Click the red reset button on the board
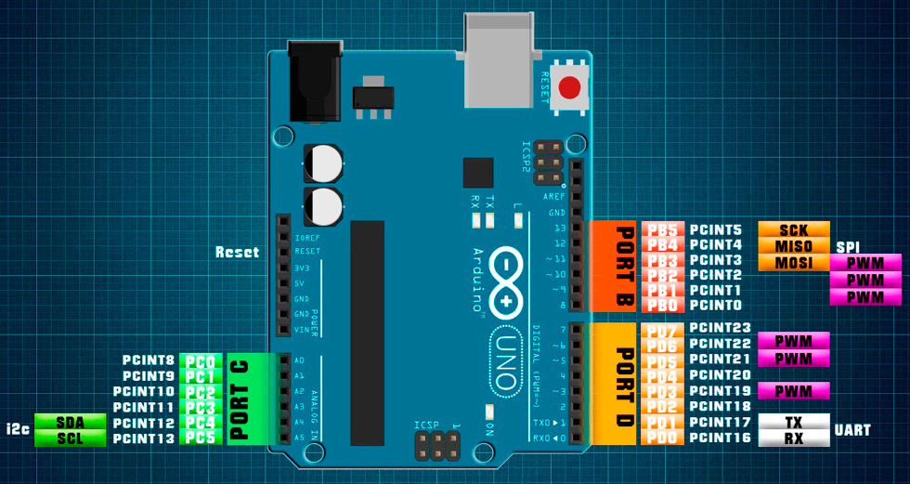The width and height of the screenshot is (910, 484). [x=569, y=88]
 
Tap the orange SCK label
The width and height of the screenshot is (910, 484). [x=794, y=229]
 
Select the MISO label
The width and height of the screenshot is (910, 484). [x=794, y=246]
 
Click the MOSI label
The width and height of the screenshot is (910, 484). [x=794, y=263]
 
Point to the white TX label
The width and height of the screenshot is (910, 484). [x=794, y=422]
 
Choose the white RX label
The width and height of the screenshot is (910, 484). [x=794, y=438]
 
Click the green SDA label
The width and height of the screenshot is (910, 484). [x=71, y=423]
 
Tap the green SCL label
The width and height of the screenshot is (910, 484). [x=71, y=438]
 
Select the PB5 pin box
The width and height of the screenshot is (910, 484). [x=663, y=230]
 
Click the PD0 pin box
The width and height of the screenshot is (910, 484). [x=663, y=438]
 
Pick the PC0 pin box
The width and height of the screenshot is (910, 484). [x=201, y=360]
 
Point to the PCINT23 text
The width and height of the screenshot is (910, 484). [x=721, y=328]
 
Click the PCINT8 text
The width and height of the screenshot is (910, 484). [x=149, y=360]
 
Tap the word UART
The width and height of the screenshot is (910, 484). [x=852, y=430]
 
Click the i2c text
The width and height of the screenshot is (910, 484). [x=19, y=429]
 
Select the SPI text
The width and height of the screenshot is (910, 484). [x=848, y=247]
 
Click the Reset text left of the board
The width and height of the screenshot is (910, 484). [x=237, y=252]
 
